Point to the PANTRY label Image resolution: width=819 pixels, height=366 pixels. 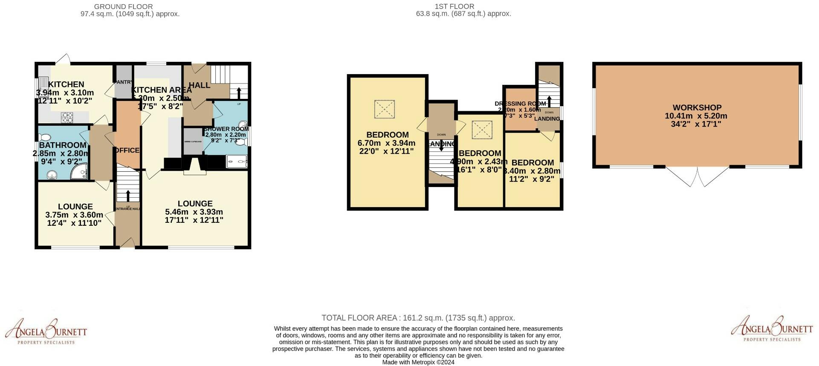click(x=124, y=82)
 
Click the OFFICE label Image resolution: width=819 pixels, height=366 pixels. click(x=127, y=150)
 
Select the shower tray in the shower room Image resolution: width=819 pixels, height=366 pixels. click(x=237, y=161)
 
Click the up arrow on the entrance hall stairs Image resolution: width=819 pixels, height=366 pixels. click(x=128, y=195)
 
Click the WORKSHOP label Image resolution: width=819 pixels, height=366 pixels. click(x=697, y=108)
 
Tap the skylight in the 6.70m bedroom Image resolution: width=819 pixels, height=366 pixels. click(x=384, y=110)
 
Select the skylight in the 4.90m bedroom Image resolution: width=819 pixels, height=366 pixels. click(x=482, y=130)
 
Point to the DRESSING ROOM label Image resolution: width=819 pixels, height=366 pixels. click(x=520, y=104)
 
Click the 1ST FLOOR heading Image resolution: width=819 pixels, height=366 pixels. click(x=454, y=6)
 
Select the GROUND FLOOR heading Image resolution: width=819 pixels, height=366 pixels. click(x=123, y=6)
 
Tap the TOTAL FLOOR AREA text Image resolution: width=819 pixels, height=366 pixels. click(x=418, y=318)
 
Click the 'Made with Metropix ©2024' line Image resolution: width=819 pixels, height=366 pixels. click(x=418, y=363)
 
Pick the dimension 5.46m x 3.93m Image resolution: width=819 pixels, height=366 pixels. click(x=194, y=212)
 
